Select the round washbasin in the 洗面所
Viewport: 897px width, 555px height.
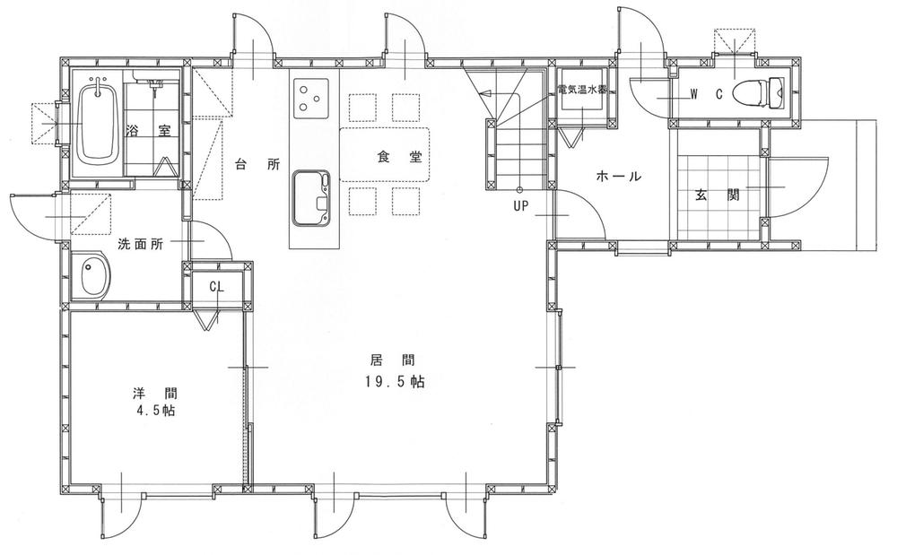[x=91, y=276]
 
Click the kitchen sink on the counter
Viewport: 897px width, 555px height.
[x=309, y=197]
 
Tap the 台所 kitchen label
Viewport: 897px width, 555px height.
[x=257, y=164]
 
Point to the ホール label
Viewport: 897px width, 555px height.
[x=619, y=177]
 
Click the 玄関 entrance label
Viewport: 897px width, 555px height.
[x=715, y=194]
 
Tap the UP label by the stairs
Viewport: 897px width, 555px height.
[x=521, y=204]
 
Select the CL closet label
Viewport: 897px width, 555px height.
[x=216, y=287]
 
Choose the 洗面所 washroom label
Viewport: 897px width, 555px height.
[x=140, y=244]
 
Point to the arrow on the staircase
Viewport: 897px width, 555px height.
[x=485, y=92]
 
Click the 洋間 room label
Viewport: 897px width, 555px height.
[x=154, y=392]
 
